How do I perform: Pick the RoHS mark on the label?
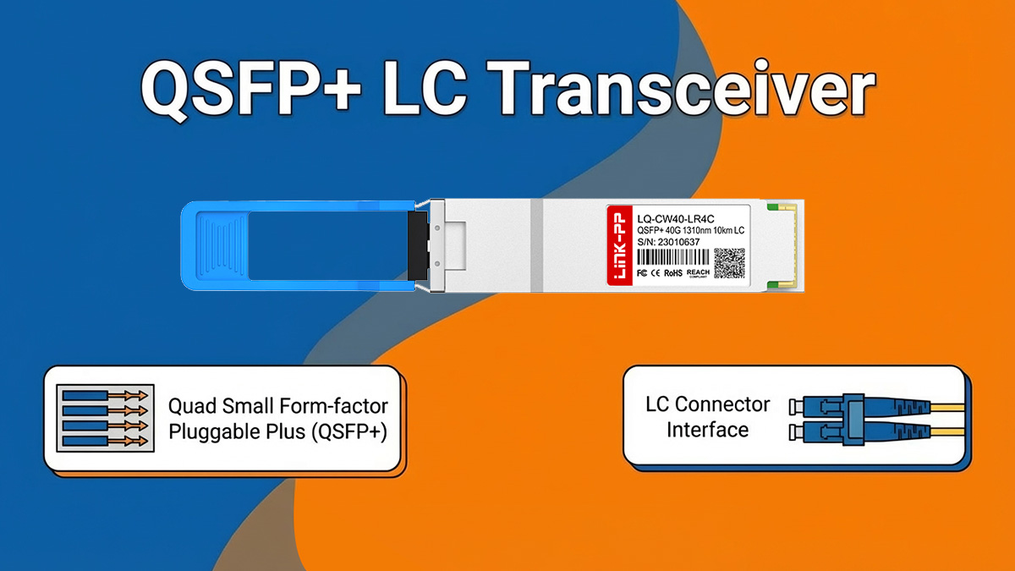(672, 272)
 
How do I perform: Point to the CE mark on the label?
(656, 272)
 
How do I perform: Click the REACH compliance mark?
(698, 272)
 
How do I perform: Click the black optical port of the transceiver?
(417, 245)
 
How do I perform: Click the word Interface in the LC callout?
(707, 429)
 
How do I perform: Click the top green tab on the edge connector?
(771, 206)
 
